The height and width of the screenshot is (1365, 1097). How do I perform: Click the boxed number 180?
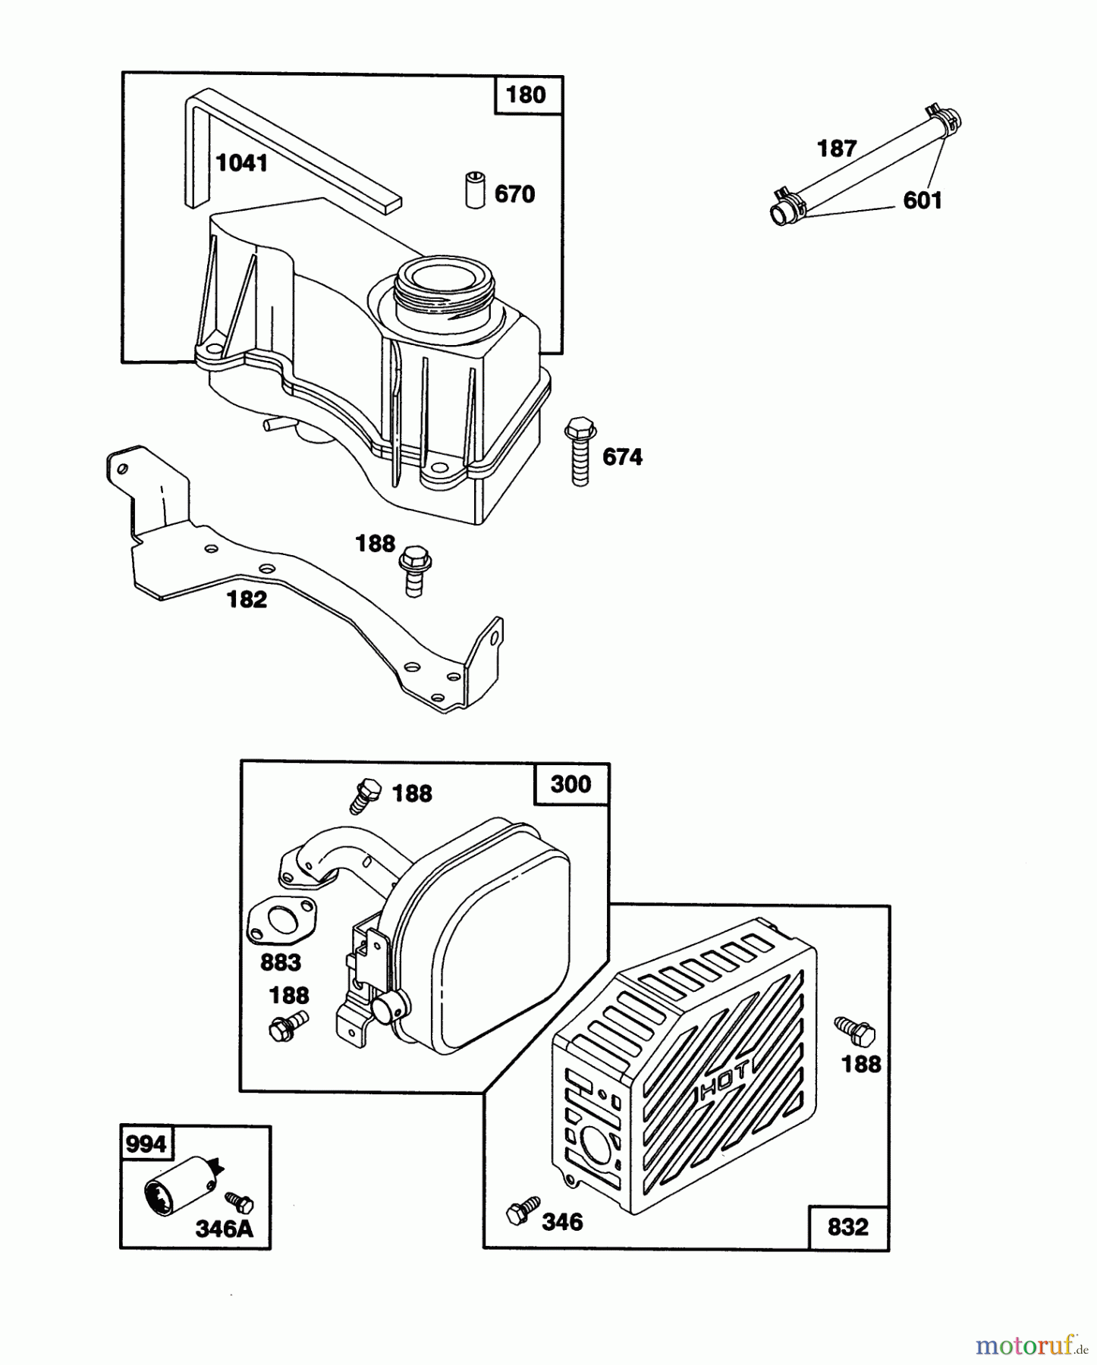tap(526, 96)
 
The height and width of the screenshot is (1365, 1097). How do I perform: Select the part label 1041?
tap(241, 163)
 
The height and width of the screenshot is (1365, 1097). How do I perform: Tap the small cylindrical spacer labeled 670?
tap(474, 190)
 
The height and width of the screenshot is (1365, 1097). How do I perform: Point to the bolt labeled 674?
tap(580, 450)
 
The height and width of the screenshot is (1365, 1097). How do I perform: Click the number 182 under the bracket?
tap(247, 600)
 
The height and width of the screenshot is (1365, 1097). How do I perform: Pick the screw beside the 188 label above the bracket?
tap(414, 571)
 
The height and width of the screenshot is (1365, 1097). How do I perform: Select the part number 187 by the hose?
tap(837, 149)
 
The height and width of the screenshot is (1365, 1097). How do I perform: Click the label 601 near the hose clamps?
tap(922, 200)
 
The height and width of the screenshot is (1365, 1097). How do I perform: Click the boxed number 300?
tap(571, 783)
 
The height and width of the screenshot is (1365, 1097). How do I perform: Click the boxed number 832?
tap(847, 1227)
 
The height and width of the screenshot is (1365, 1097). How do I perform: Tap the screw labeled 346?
tap(523, 1209)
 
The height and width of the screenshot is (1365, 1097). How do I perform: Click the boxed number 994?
tap(146, 1144)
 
